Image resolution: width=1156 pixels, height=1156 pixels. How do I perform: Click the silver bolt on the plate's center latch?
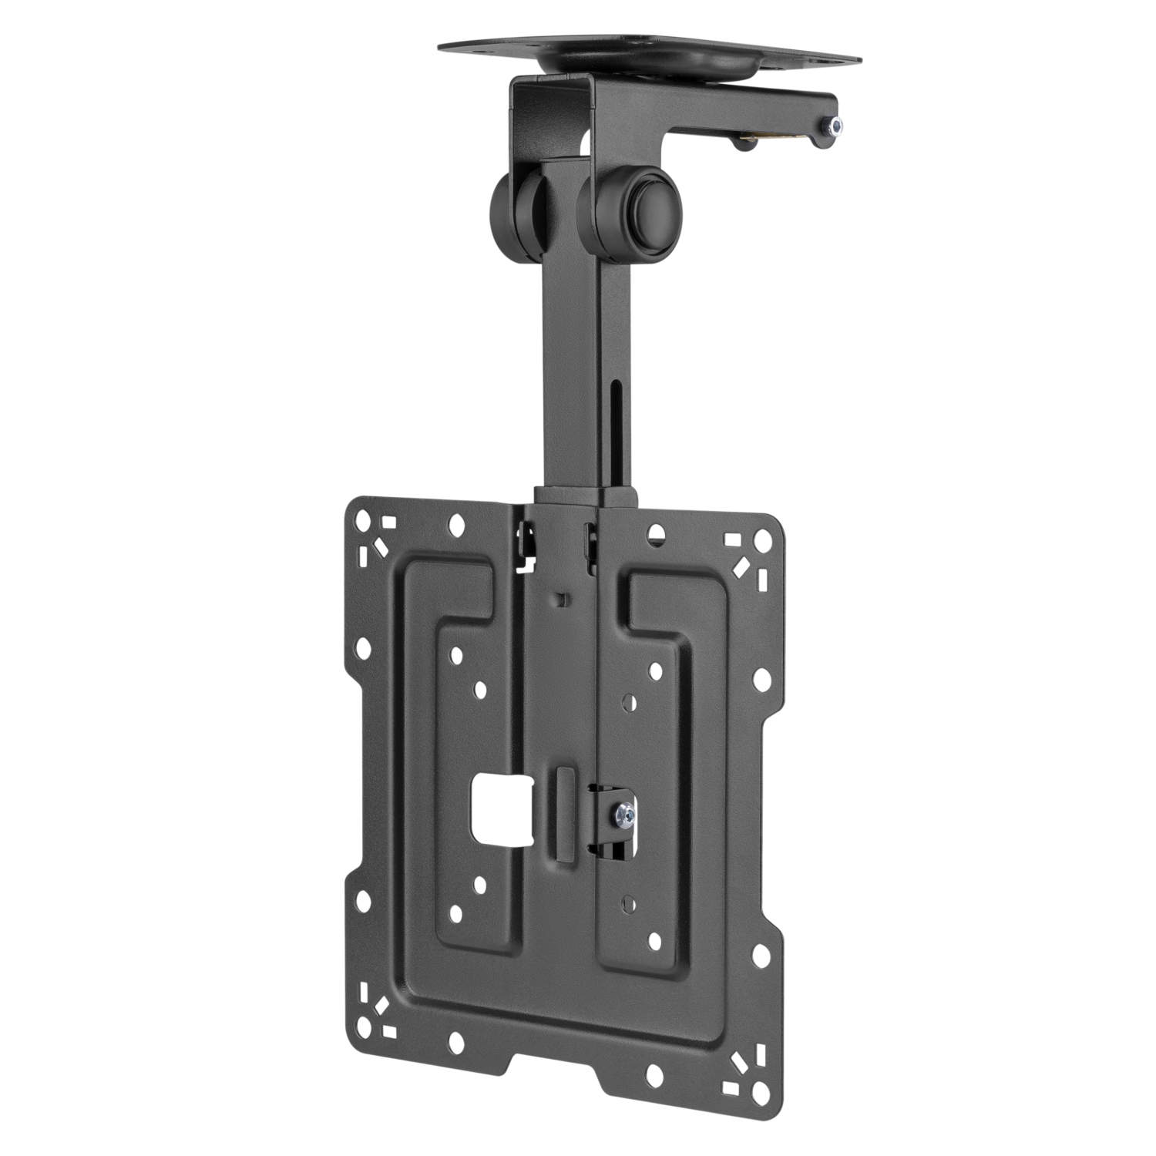(x=625, y=812)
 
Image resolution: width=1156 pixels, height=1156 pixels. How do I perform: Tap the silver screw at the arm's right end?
(x=834, y=126)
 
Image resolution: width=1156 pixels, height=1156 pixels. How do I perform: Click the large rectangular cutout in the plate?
(x=502, y=809)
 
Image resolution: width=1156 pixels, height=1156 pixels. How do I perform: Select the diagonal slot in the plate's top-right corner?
(x=741, y=567)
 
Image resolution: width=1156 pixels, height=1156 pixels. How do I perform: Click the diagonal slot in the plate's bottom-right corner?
(x=741, y=1064)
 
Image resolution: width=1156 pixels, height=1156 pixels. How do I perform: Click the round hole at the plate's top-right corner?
(x=761, y=539)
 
